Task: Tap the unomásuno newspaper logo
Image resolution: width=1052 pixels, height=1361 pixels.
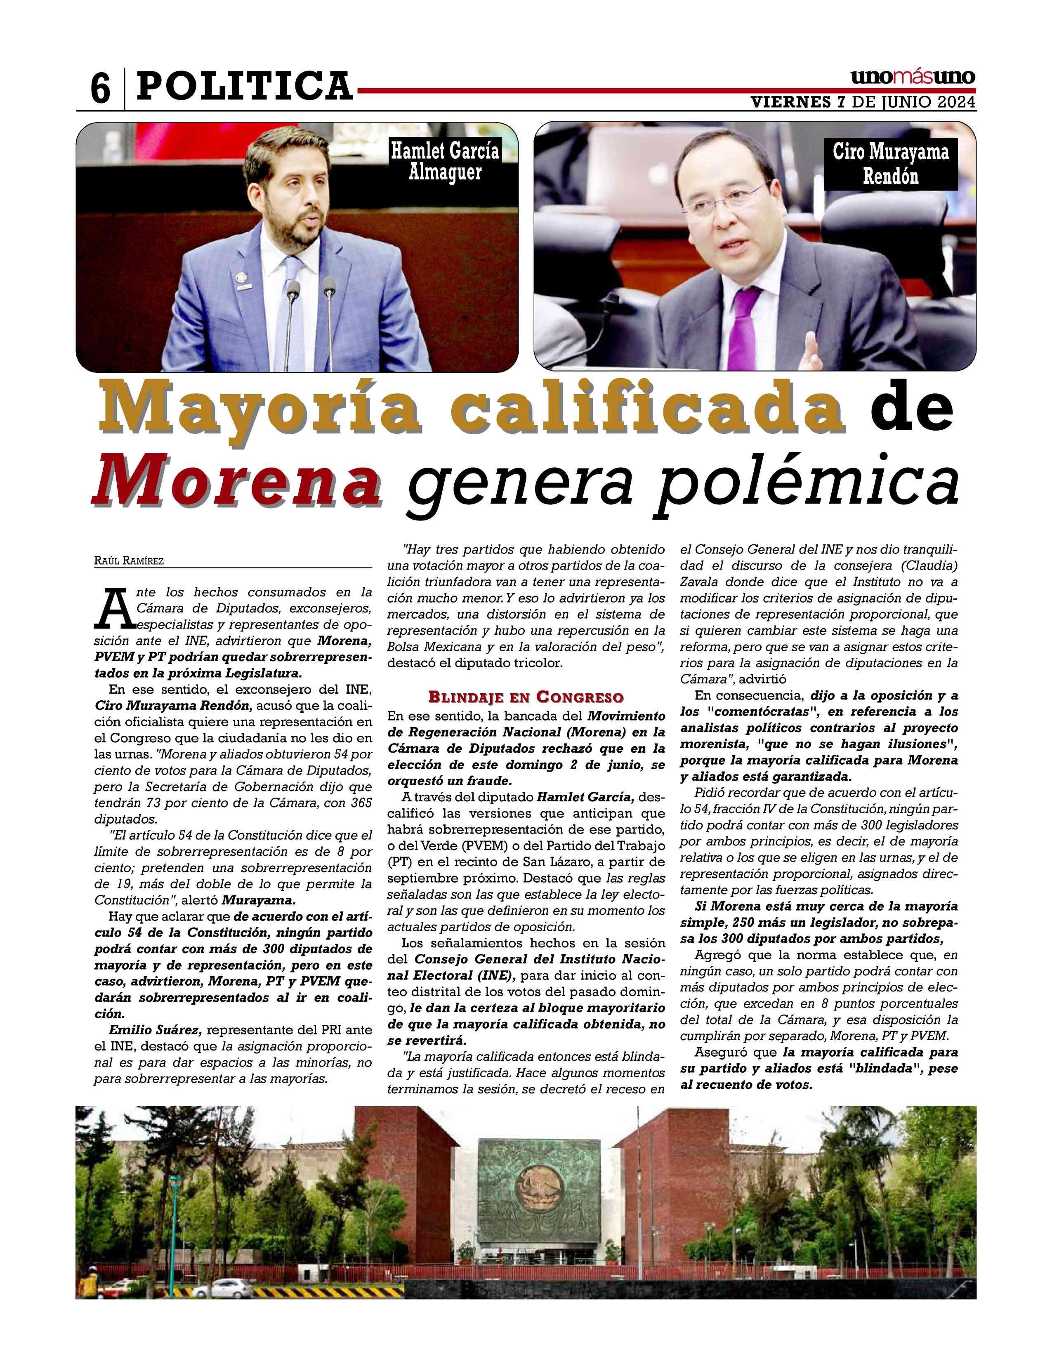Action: pyautogui.click(x=913, y=78)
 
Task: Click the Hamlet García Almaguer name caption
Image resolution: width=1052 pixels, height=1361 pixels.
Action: pyautogui.click(x=445, y=161)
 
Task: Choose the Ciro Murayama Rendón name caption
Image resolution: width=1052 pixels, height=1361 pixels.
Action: pyautogui.click(x=891, y=164)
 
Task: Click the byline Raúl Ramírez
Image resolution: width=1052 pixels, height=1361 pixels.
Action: pyautogui.click(x=129, y=561)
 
